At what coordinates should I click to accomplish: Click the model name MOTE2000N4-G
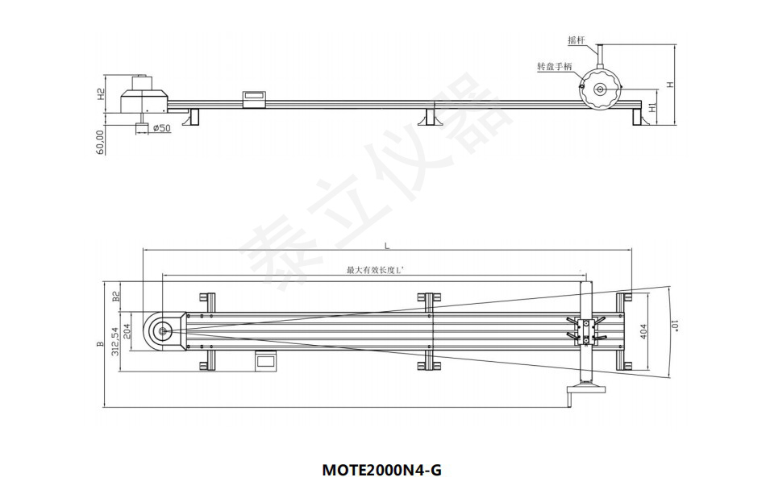click(382, 469)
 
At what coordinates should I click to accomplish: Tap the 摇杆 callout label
click(577, 39)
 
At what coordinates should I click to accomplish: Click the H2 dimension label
click(101, 94)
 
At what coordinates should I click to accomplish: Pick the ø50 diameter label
click(160, 128)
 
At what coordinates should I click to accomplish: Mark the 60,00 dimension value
click(101, 142)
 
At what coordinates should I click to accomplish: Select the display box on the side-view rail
click(254, 98)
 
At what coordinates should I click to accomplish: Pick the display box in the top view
click(266, 360)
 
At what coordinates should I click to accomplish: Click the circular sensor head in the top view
click(164, 330)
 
